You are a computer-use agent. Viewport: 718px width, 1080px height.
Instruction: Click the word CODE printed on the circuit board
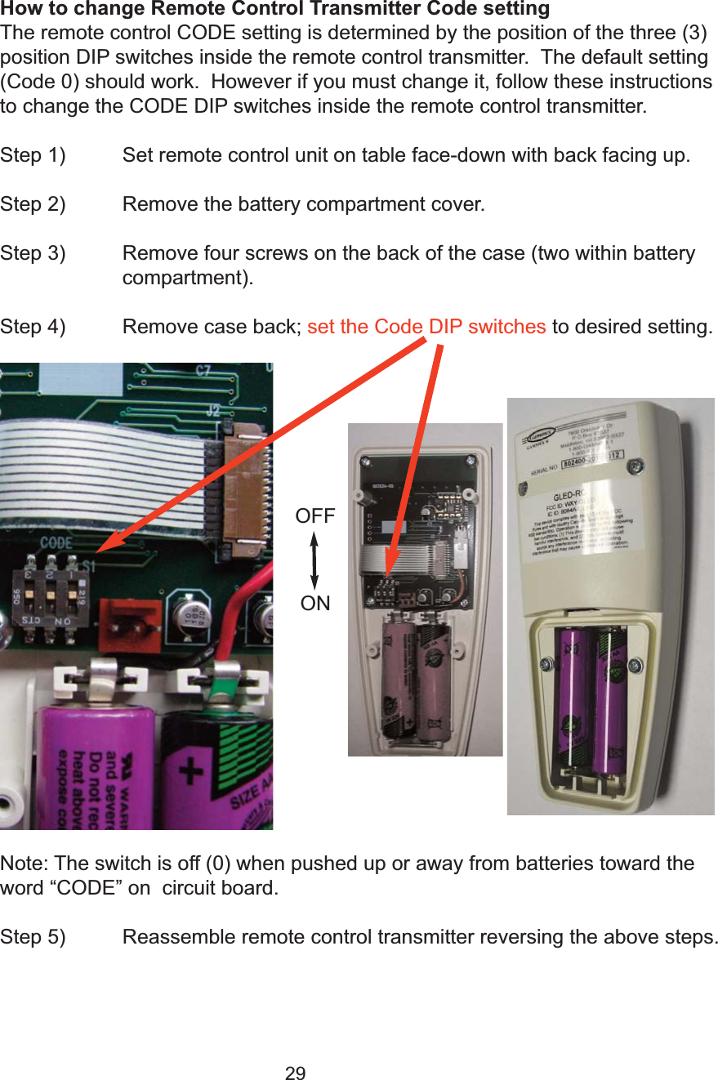[x=56, y=542]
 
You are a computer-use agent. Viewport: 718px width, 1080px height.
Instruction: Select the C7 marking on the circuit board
[x=203, y=372]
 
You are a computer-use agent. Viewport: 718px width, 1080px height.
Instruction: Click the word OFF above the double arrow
[x=315, y=516]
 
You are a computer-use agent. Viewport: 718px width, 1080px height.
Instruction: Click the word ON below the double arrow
[x=315, y=604]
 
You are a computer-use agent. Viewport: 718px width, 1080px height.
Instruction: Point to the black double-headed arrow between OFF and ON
[x=314, y=560]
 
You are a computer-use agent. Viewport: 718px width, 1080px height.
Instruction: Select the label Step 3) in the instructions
[x=33, y=253]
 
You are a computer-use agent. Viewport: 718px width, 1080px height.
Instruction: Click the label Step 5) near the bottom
[x=33, y=936]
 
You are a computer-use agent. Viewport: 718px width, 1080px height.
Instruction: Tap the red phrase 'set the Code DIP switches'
[x=426, y=327]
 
